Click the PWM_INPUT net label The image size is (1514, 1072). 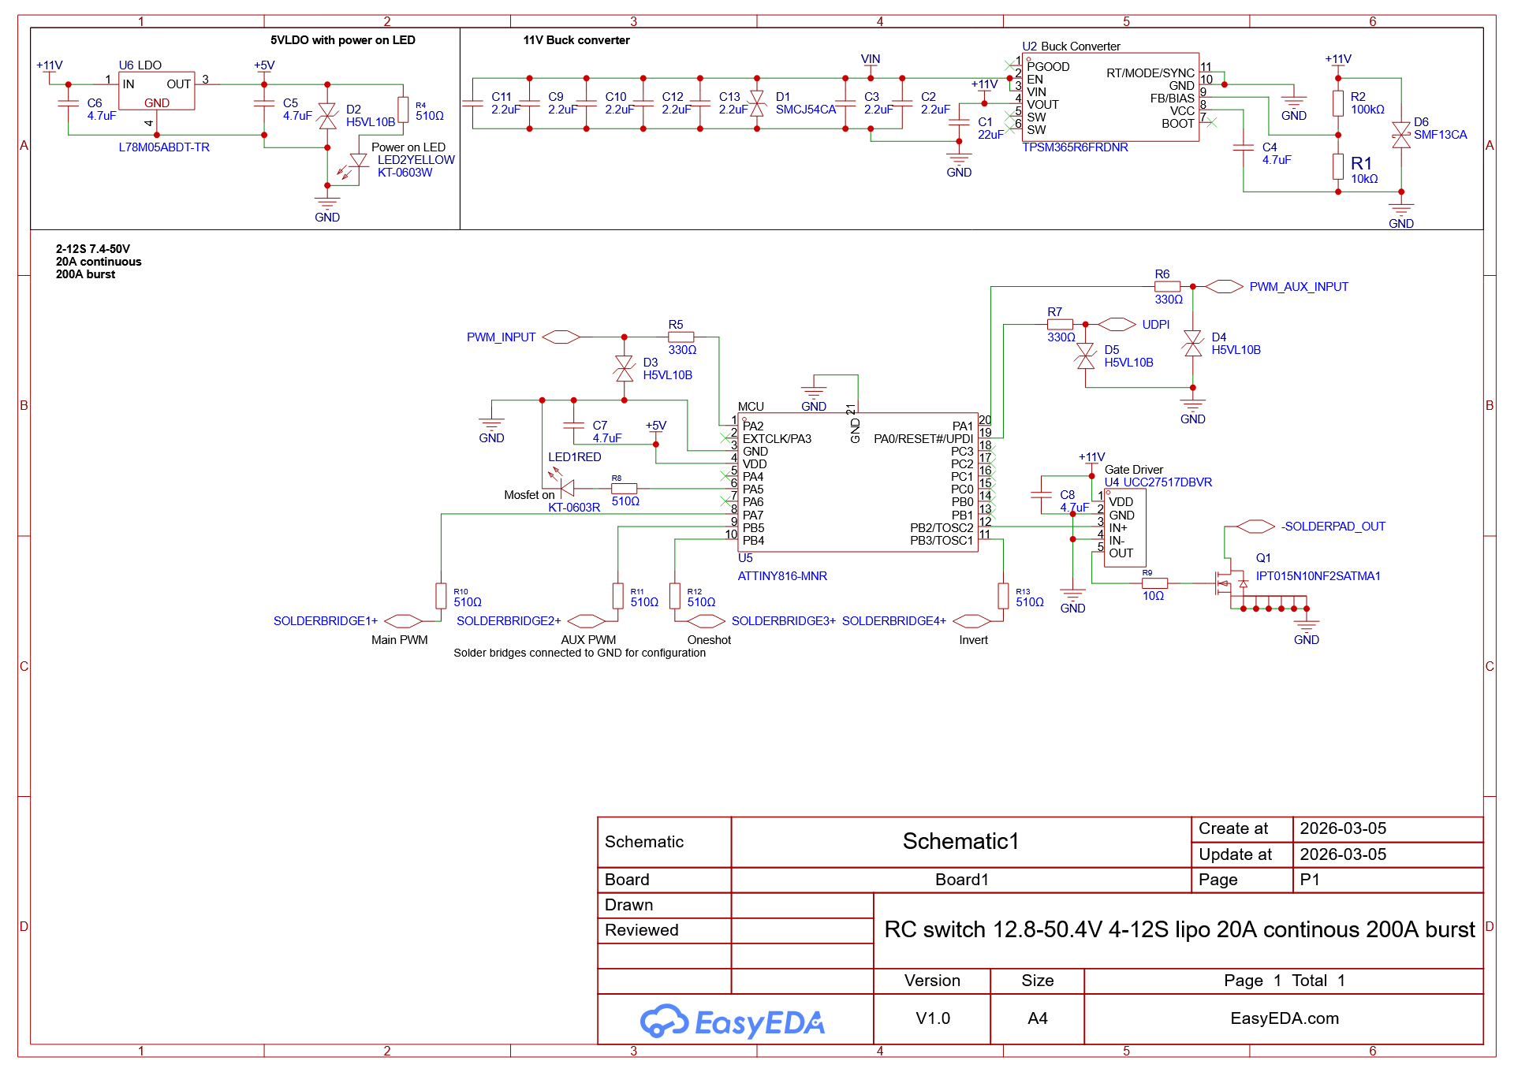pyautogui.click(x=501, y=337)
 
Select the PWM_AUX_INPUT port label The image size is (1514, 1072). pyautogui.click(x=1299, y=287)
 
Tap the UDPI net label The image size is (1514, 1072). pyautogui.click(x=1156, y=325)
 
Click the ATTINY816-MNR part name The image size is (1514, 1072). pyautogui.click(x=782, y=576)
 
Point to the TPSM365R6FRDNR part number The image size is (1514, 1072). pyautogui.click(x=1075, y=147)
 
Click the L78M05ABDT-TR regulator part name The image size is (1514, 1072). pyautogui.click(x=164, y=147)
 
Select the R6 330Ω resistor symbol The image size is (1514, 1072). pyautogui.click(x=1167, y=287)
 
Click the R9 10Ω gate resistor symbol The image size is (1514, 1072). pyautogui.click(x=1154, y=583)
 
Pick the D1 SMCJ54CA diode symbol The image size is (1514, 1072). pyautogui.click(x=757, y=103)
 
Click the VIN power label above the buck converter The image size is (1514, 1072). pyautogui.click(x=871, y=59)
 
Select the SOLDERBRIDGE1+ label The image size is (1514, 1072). pyautogui.click(x=326, y=621)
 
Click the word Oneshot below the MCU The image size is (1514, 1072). pyautogui.click(x=709, y=640)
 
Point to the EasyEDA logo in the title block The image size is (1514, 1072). pyautogui.click(x=733, y=1022)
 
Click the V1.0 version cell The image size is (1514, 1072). pyautogui.click(x=933, y=1018)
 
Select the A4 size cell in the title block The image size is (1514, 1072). pyautogui.click(x=1038, y=1018)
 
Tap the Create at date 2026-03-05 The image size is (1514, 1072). pyautogui.click(x=1343, y=828)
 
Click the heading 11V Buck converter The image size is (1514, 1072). pyautogui.click(x=576, y=40)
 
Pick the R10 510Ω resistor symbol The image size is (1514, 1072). pyautogui.click(x=441, y=596)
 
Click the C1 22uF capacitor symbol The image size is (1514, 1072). pyautogui.click(x=959, y=122)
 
